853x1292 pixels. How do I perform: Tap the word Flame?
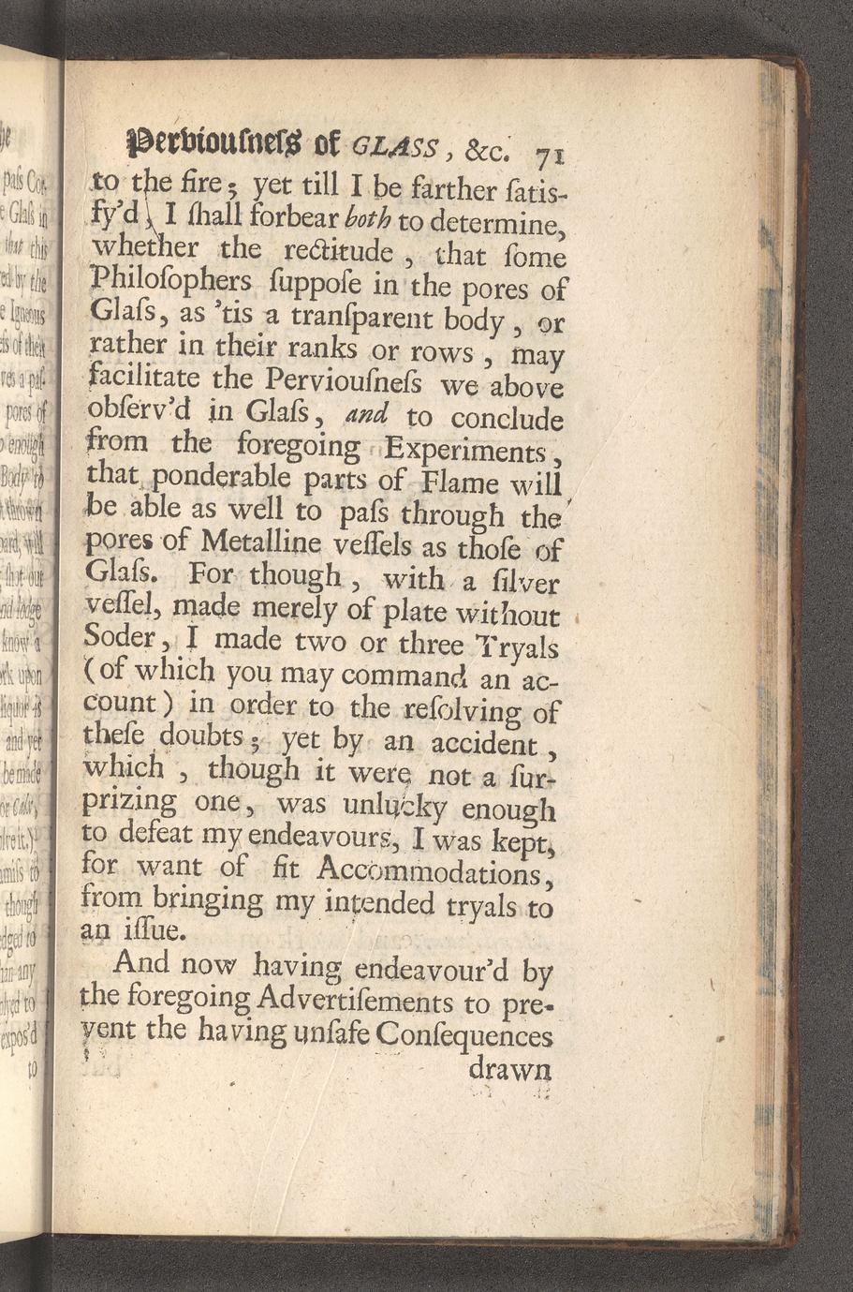(x=461, y=483)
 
